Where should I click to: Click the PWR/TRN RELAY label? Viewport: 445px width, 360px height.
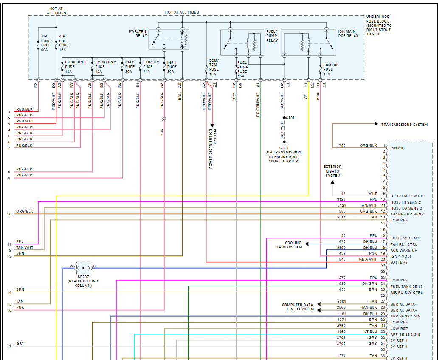[138, 34]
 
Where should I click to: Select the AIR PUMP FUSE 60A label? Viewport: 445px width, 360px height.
[46, 43]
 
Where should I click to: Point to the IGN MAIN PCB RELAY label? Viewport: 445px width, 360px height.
[347, 34]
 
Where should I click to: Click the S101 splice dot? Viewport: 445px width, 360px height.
[285, 117]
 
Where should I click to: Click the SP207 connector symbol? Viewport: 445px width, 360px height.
[83, 267]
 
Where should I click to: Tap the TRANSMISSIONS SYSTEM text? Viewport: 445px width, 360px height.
[404, 125]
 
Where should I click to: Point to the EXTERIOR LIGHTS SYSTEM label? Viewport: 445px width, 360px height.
[332, 171]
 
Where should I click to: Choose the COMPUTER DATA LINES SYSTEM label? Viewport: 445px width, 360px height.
[298, 307]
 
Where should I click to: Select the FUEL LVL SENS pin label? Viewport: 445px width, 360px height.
[405, 238]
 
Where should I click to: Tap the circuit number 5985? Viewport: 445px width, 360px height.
[341, 247]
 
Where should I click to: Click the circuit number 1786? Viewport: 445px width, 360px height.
[341, 145]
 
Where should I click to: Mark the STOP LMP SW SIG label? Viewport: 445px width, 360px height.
[407, 196]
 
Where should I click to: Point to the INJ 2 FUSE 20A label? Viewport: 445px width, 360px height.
[130, 67]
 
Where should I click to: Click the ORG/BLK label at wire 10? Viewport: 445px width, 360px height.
[25, 211]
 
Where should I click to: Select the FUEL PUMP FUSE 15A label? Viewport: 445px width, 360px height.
[243, 69]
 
